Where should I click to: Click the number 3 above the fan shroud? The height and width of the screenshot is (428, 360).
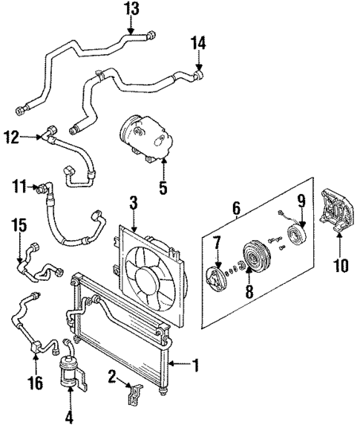(x=133, y=201)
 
